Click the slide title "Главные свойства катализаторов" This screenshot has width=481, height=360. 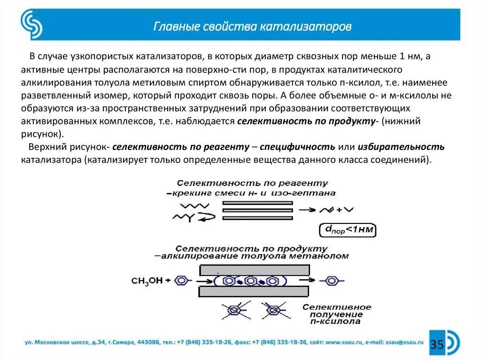point(253,26)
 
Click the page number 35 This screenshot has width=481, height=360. point(437,345)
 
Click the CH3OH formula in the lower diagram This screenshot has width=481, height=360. point(147,281)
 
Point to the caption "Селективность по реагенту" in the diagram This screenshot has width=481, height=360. point(252,183)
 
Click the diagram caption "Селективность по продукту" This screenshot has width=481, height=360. point(251,248)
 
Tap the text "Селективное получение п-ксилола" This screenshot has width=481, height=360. point(336,314)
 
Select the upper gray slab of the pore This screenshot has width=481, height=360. point(255,270)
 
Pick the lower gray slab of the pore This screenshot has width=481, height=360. point(255,291)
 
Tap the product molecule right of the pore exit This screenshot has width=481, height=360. point(332,281)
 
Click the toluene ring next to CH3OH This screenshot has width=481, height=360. point(182,281)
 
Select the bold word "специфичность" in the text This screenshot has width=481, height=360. point(297,146)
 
